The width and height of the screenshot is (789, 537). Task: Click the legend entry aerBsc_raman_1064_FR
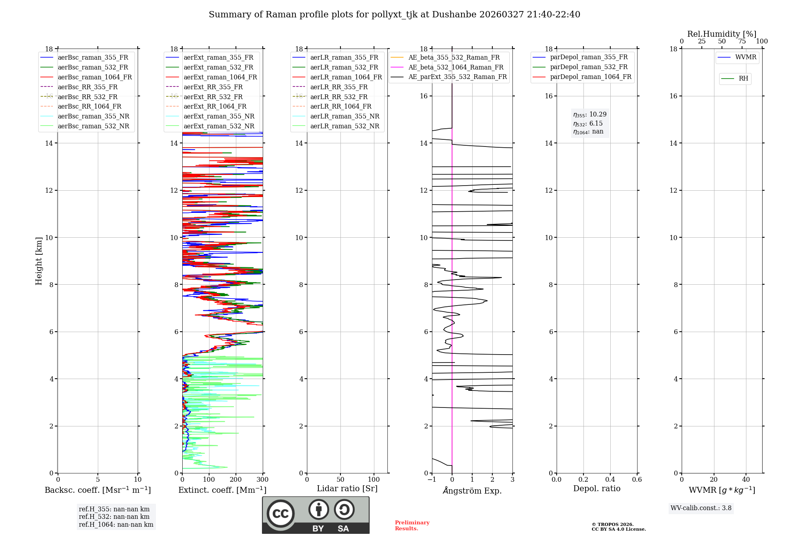coord(95,77)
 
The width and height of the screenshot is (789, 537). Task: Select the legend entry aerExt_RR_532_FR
coord(213,97)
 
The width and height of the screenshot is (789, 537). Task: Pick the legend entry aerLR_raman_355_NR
coord(344,116)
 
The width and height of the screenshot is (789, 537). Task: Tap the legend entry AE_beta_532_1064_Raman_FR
coord(456,67)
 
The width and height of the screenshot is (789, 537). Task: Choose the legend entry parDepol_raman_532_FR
coord(589,67)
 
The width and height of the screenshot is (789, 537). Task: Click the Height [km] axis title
coord(39,261)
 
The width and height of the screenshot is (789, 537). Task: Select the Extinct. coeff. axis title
coord(222,490)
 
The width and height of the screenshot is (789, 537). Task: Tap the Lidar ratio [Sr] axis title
coord(347,488)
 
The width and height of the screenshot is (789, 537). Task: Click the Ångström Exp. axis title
coord(472,490)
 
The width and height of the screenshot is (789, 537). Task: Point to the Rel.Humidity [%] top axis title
coord(722,34)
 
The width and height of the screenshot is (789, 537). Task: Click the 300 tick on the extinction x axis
coord(262,480)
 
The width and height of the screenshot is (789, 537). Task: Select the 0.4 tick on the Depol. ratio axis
coord(610,480)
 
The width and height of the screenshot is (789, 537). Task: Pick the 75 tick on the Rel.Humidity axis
coord(742,41)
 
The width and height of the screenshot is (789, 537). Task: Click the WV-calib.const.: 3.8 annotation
coord(701,508)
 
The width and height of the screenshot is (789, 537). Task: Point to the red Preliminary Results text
coord(412,526)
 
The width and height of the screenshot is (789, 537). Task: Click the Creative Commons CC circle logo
coord(280,514)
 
